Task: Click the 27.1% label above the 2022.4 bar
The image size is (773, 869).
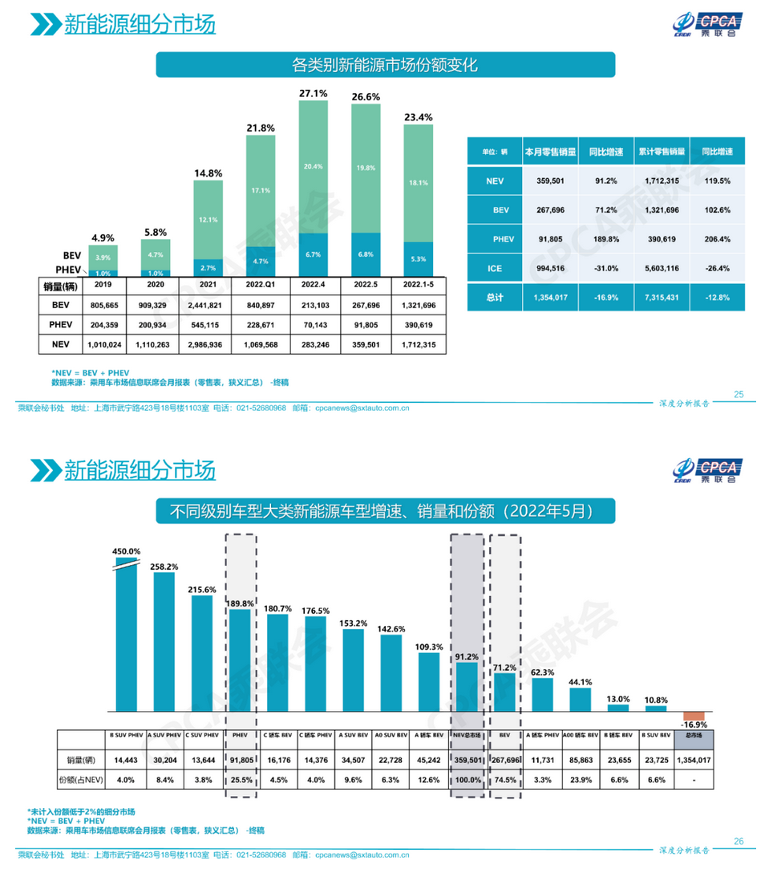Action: [313, 94]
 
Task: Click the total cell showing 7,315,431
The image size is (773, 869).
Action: [660, 297]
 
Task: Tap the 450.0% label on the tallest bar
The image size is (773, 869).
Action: [126, 551]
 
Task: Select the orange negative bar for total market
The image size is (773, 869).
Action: [694, 716]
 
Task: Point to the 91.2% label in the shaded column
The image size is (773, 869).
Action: [467, 656]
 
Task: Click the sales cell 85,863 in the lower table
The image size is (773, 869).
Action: [581, 759]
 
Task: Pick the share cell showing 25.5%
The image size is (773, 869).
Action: [241, 779]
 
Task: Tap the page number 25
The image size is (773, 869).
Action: [739, 394]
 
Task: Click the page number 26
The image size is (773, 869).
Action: [739, 841]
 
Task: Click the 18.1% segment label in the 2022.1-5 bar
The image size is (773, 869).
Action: [418, 183]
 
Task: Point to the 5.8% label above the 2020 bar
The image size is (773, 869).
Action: [156, 233]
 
